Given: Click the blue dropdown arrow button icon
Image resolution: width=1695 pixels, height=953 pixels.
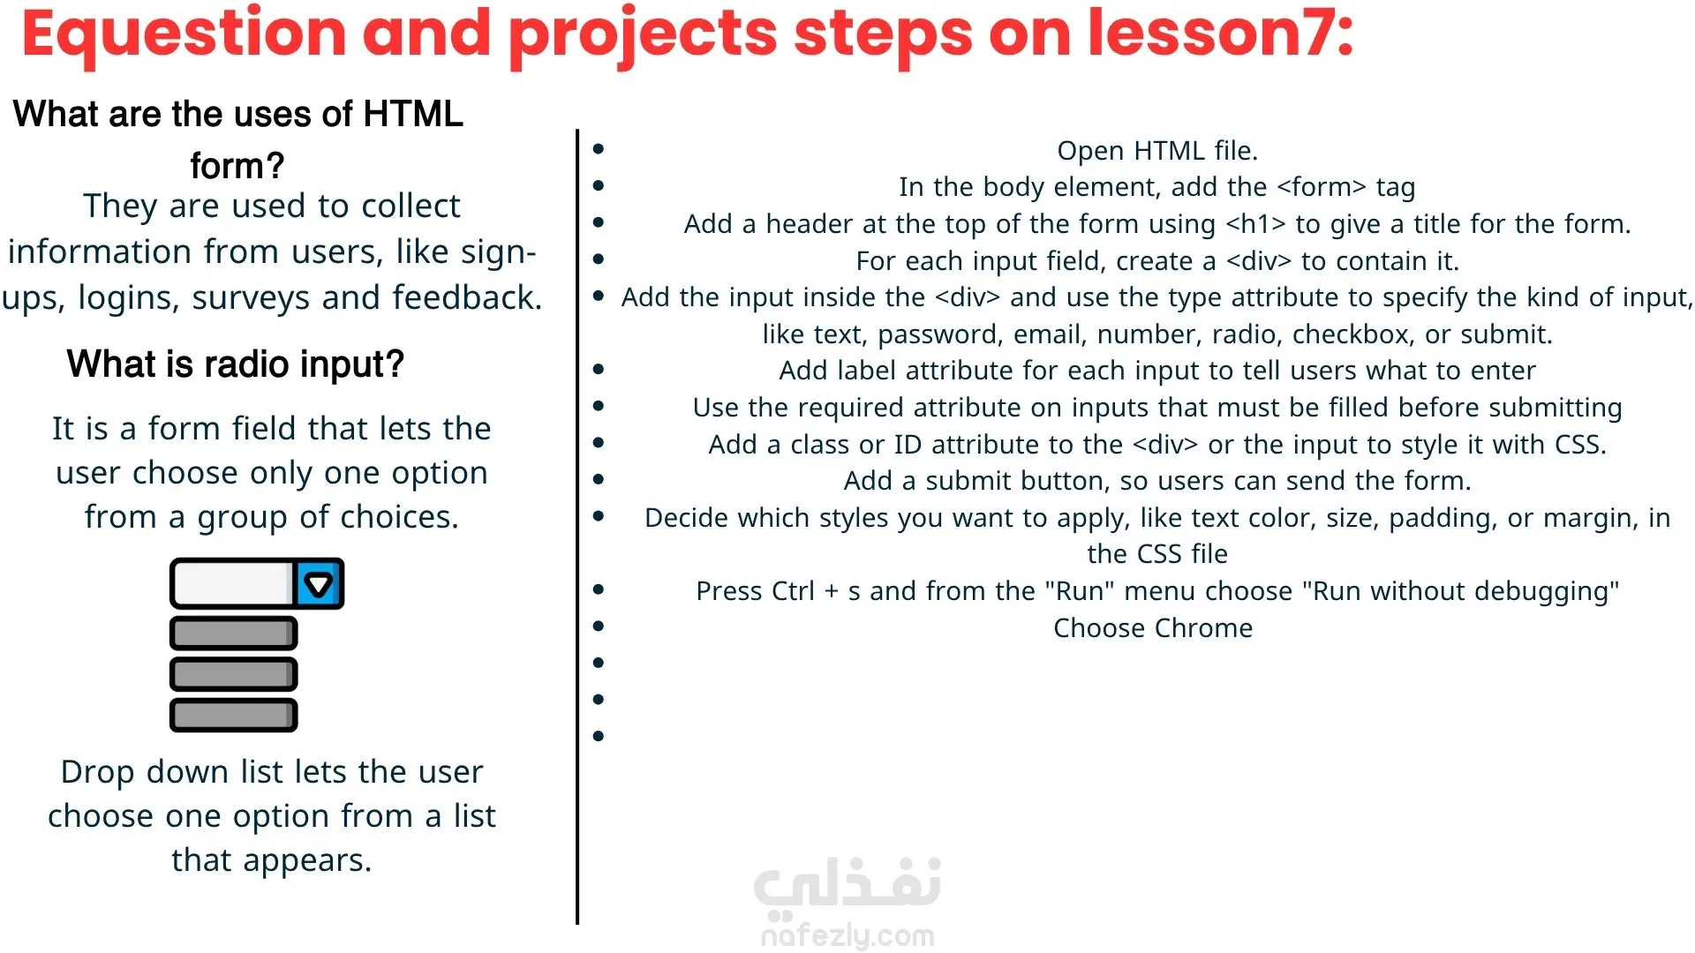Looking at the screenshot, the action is [x=318, y=583].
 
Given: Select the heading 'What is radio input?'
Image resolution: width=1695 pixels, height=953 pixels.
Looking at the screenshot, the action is [x=236, y=364].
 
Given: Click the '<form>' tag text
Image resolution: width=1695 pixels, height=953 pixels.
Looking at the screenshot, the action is [x=1322, y=187].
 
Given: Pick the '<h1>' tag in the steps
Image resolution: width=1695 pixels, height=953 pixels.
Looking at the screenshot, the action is [x=1255, y=224].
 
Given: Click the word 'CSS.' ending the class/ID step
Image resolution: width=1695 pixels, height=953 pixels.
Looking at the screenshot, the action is [x=1580, y=445].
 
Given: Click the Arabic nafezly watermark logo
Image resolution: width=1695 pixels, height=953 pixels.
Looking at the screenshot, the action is [x=847, y=885].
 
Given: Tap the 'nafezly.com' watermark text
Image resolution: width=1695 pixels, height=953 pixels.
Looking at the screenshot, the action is [x=847, y=935].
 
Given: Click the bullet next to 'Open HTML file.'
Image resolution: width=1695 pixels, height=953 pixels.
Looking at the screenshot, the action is [x=599, y=149].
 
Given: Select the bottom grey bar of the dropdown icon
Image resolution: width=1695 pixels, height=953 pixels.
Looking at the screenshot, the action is [x=234, y=716].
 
